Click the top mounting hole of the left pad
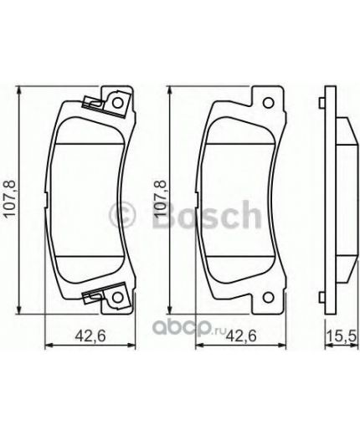pyautogui.click(x=118, y=104)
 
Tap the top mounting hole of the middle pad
pyautogui.click(x=269, y=104)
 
